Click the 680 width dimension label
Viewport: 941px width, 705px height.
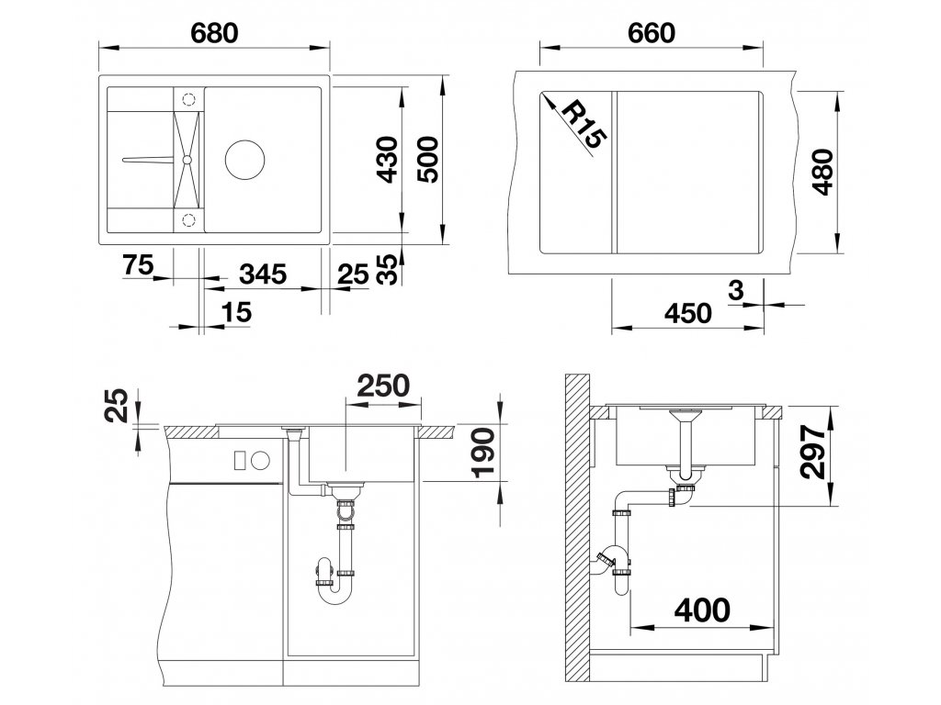214,33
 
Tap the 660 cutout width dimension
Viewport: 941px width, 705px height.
652,33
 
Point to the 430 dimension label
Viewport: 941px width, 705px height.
389,160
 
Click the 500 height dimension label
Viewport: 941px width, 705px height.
429,160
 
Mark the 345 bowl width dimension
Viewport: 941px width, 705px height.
263,274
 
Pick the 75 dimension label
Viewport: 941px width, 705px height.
139,264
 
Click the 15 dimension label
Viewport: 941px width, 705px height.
236,312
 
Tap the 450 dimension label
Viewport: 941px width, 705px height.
687,313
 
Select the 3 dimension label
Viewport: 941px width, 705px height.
736,291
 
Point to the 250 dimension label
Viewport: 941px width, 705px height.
383,386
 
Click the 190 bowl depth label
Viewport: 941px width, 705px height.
483,453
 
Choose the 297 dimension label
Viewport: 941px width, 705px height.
814,453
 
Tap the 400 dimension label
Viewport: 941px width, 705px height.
702,610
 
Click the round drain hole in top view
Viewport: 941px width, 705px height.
244,160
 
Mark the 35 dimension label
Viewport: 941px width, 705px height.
389,269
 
